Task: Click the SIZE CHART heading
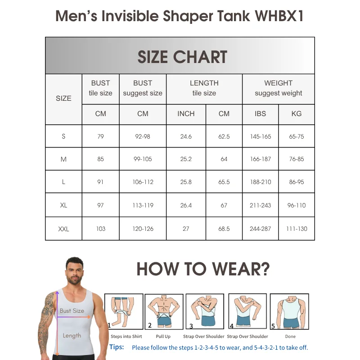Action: (x=182, y=57)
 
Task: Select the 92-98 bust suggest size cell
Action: (x=143, y=136)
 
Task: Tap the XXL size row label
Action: (x=63, y=229)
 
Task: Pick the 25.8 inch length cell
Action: (x=186, y=182)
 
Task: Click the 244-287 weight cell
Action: (x=260, y=229)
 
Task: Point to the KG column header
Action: (x=297, y=114)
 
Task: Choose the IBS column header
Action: (x=260, y=114)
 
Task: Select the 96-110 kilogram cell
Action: (x=297, y=205)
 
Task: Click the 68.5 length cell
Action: (x=224, y=229)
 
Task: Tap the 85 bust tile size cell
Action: (x=100, y=159)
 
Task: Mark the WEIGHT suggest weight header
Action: (x=278, y=88)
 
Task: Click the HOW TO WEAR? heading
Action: (x=203, y=269)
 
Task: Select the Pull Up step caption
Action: (x=163, y=337)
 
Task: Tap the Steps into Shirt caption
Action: (x=126, y=337)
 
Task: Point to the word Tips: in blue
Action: (x=117, y=347)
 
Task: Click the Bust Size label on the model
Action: (x=72, y=310)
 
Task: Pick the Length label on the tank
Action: (x=72, y=335)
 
